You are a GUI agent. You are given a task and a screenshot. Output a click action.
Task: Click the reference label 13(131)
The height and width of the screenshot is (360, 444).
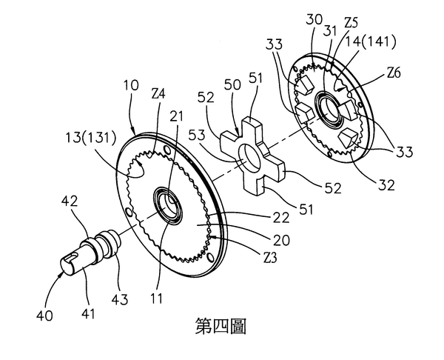click(91, 138)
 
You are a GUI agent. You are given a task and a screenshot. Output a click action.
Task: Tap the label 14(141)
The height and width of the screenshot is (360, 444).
click(370, 41)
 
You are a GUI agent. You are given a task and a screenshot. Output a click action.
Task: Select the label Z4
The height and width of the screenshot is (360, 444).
click(159, 94)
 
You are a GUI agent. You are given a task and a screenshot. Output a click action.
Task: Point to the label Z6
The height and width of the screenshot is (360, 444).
click(394, 73)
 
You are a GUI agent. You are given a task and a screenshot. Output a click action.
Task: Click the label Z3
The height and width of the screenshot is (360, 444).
click(269, 257)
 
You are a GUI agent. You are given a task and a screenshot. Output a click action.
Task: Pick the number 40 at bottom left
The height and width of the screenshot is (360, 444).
click(44, 316)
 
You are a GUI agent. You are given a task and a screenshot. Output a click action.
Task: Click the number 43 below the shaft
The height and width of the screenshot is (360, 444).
click(119, 299)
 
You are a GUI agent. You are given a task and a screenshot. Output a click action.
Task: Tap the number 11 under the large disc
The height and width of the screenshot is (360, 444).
click(157, 299)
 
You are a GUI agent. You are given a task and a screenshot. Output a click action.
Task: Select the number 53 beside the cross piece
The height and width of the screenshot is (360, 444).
click(197, 136)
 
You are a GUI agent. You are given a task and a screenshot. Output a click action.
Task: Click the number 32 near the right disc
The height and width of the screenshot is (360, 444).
click(386, 185)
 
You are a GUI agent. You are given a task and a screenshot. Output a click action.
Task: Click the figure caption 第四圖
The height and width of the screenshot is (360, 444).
click(221, 326)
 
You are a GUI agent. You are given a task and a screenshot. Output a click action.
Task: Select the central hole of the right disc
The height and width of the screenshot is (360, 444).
click(329, 108)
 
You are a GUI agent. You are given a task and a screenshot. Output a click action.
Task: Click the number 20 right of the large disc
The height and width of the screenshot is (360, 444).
click(281, 240)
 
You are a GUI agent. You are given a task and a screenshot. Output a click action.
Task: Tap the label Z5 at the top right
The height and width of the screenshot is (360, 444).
click(351, 23)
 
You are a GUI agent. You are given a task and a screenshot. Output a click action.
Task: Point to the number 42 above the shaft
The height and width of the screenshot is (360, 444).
click(69, 201)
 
